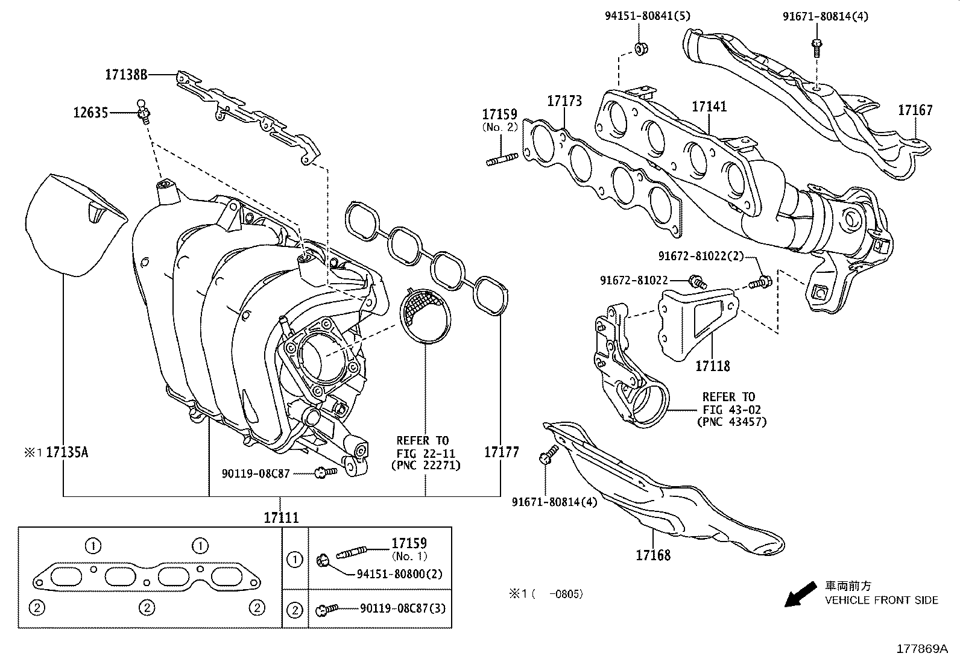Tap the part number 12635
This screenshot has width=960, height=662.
pos(91,113)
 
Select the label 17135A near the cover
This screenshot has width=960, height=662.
pos(67,452)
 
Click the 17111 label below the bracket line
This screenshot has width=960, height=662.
pos(280,517)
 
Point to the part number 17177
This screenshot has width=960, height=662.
pos(501,452)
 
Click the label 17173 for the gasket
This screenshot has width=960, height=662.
pos(564,101)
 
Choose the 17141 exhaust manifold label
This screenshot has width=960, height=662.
pos(709,107)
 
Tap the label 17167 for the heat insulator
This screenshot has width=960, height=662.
pos(915,110)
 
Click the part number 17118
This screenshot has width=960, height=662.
pos(712,366)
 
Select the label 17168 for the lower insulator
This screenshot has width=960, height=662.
pos(652,554)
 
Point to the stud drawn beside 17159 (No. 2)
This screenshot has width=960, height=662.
pos(502,160)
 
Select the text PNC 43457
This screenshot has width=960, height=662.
pos(731,421)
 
